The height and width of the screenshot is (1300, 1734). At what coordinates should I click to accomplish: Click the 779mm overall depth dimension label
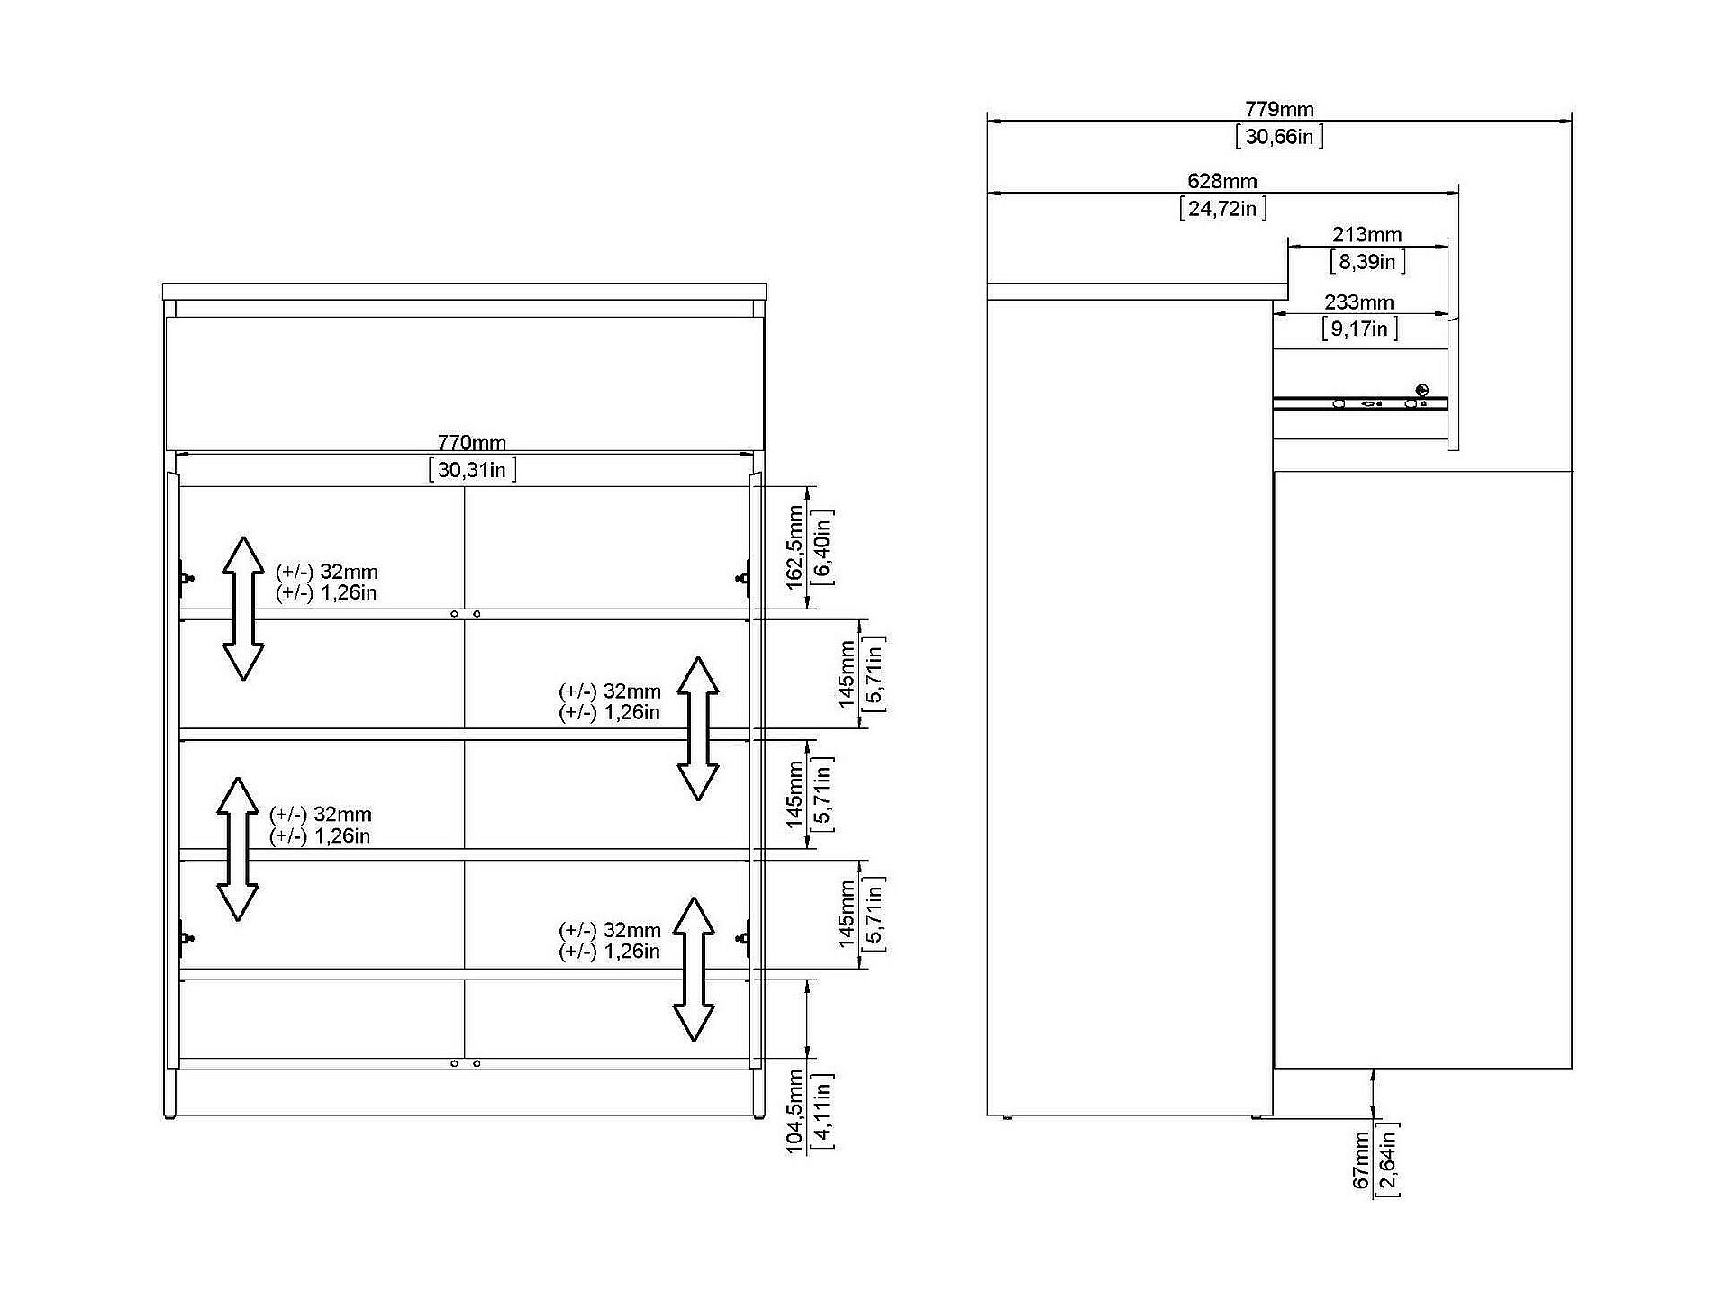tap(1279, 110)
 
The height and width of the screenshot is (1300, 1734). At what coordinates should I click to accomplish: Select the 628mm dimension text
tap(1222, 182)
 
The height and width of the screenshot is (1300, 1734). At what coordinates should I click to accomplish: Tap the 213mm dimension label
tap(1366, 235)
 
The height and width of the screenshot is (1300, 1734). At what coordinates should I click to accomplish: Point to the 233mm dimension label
tap(1358, 302)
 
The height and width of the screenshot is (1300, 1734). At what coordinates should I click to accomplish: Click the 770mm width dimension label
tap(471, 443)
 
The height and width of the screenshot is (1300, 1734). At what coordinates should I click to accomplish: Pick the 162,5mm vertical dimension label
tap(794, 547)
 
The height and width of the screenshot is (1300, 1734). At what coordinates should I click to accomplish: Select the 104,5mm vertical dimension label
tap(794, 1111)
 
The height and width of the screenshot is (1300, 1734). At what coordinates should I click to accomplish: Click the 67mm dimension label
tap(1361, 1160)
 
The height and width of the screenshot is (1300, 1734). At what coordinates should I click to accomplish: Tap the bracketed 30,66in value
tap(1279, 137)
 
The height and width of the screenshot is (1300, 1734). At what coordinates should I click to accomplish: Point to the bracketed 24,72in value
tap(1222, 209)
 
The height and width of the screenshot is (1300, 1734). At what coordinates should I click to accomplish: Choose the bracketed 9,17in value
tap(1359, 329)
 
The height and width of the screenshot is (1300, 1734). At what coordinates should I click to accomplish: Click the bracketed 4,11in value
tap(822, 1111)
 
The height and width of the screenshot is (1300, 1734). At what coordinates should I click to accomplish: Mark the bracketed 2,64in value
tap(1388, 1160)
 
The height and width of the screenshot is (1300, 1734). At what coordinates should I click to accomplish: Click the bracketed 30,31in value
tap(472, 470)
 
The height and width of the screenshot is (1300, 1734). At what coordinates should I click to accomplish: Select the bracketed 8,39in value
tap(1366, 262)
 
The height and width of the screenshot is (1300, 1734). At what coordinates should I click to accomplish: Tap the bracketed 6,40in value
tap(822, 547)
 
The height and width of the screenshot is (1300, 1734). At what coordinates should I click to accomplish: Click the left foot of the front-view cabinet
tap(169, 1116)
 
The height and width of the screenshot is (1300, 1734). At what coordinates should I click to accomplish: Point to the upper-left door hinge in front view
tap(186, 576)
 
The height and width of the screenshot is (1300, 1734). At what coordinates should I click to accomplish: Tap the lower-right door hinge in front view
tap(744, 938)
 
